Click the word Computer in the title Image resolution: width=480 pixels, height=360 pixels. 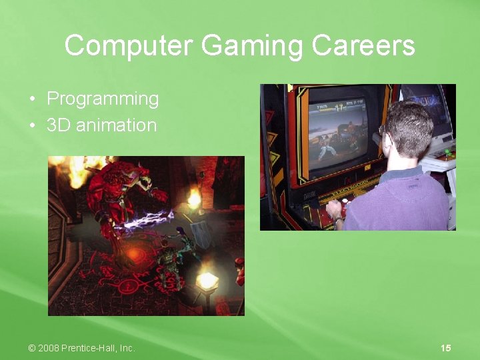click(x=129, y=46)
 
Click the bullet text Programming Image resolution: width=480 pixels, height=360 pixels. click(x=103, y=99)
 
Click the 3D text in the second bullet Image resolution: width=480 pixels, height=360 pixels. click(x=57, y=125)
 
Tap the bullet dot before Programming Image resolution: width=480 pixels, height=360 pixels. click(x=32, y=99)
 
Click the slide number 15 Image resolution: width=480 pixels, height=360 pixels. click(x=446, y=348)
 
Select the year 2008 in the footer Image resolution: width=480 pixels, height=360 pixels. click(x=49, y=348)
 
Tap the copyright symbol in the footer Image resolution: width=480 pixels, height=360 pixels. click(x=31, y=348)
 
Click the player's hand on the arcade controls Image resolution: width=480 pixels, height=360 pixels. click(x=333, y=211)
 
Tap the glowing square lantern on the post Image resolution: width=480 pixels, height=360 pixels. click(x=207, y=281)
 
